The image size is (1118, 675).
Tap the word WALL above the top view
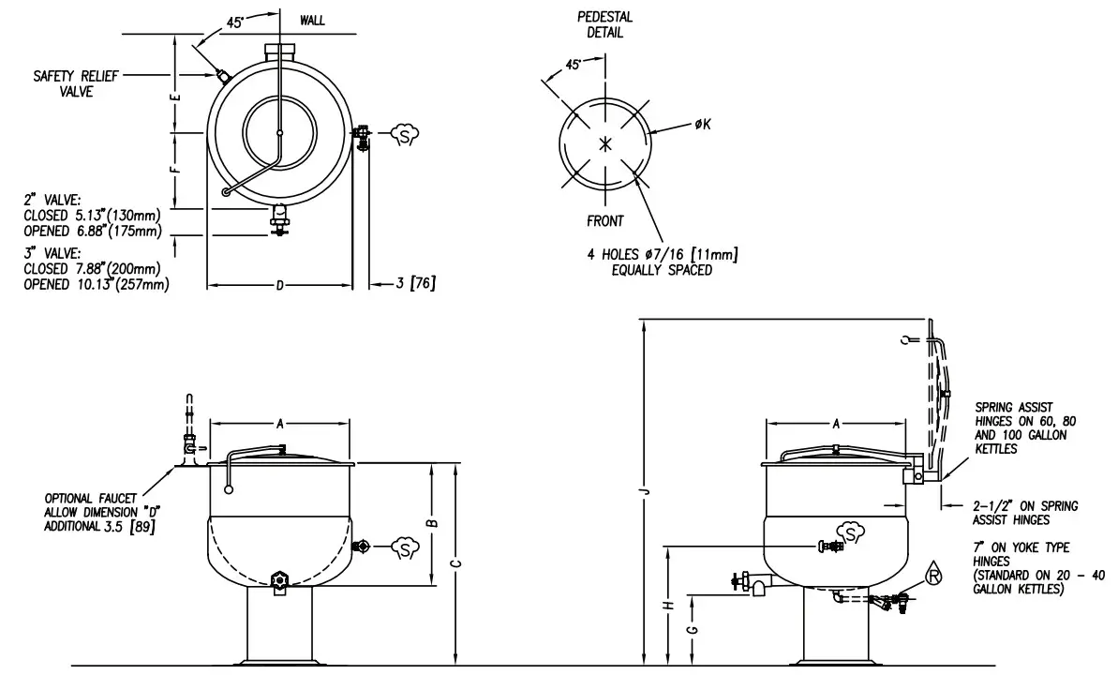312,21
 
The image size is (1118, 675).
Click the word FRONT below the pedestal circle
604,221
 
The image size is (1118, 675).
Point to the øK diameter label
703,126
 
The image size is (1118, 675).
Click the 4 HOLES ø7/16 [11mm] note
662,262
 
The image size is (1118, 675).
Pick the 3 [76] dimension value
415,283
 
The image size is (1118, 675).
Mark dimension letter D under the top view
279,284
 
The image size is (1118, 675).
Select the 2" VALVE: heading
55,199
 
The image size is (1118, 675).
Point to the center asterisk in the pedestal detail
604,143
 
